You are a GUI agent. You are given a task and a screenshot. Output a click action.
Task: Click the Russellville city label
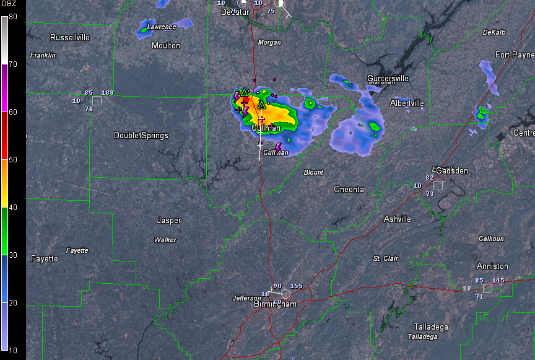pos(70,37)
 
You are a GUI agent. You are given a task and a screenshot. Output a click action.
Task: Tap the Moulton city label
pos(166,45)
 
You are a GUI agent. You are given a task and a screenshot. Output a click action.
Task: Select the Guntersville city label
pos(388,78)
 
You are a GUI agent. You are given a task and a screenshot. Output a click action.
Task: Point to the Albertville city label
pos(407,103)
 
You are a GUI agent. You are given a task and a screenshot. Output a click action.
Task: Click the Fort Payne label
pos(514,55)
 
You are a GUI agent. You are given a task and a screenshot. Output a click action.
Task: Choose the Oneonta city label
pos(349,189)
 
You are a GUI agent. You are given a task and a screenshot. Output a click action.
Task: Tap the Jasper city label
pos(169,220)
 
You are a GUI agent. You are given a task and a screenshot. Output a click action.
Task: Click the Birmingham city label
pos(275,304)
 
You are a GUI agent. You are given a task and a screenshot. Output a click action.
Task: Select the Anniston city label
pos(492,266)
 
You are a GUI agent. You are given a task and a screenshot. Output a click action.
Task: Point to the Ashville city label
pos(397,219)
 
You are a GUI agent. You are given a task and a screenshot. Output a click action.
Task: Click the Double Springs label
pos(141,135)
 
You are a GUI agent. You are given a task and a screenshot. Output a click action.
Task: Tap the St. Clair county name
pos(385,258)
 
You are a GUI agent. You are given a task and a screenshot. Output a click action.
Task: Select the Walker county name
pos(165,240)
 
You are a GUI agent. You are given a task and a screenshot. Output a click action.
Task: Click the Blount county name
pos(313,172)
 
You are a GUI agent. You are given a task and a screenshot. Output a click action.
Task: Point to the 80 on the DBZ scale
pos(13,16)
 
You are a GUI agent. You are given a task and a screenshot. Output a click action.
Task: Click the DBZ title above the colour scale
pos(12,6)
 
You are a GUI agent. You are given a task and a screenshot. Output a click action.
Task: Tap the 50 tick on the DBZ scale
pos(13,159)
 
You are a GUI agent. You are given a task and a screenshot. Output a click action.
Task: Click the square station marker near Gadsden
pos(438,185)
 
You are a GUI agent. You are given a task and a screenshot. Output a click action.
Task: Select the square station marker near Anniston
pos(487,288)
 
